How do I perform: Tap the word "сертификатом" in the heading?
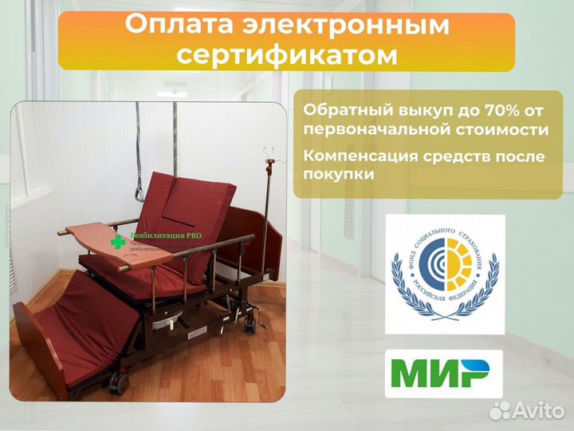[x=286, y=54]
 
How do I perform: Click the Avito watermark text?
[x=536, y=410]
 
